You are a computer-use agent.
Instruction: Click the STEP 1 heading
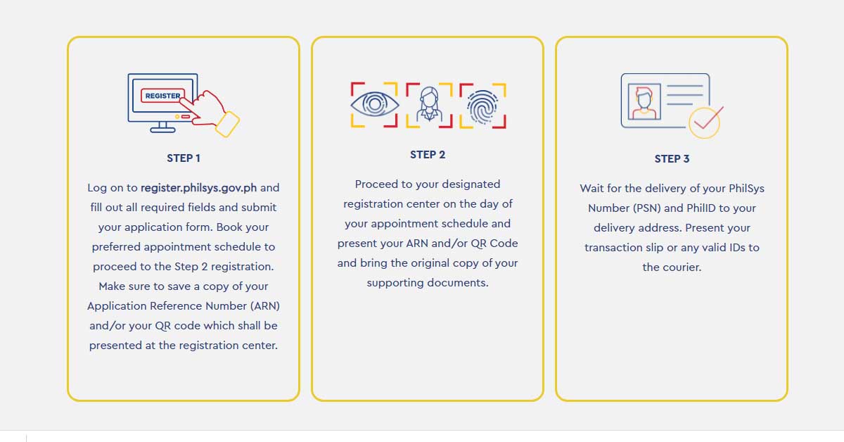click(x=184, y=158)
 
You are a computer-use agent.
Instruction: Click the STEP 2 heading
click(x=428, y=155)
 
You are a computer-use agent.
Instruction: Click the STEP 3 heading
click(x=672, y=159)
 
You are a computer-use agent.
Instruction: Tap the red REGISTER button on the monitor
click(x=162, y=96)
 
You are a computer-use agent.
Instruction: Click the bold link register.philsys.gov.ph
click(x=198, y=188)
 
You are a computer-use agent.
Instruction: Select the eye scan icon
click(x=374, y=104)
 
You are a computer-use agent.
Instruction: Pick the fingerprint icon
click(x=482, y=106)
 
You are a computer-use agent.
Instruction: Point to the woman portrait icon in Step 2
click(x=429, y=105)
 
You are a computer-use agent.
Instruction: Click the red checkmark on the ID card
click(x=708, y=120)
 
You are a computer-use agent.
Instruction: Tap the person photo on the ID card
click(x=644, y=102)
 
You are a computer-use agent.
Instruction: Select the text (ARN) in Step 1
click(x=265, y=306)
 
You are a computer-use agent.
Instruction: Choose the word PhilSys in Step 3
click(x=746, y=189)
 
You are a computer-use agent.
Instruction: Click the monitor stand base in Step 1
click(x=162, y=130)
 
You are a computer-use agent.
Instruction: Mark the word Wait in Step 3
click(x=592, y=189)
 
